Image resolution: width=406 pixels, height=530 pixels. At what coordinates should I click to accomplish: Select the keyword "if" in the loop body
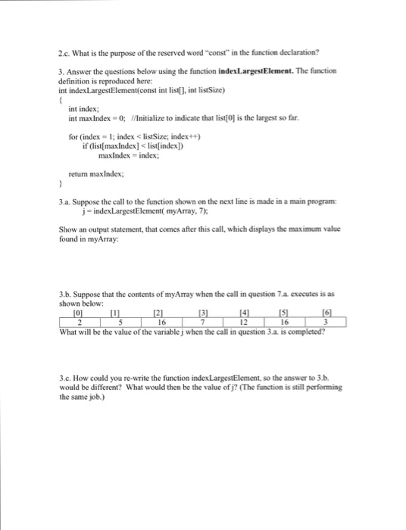point(85,145)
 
